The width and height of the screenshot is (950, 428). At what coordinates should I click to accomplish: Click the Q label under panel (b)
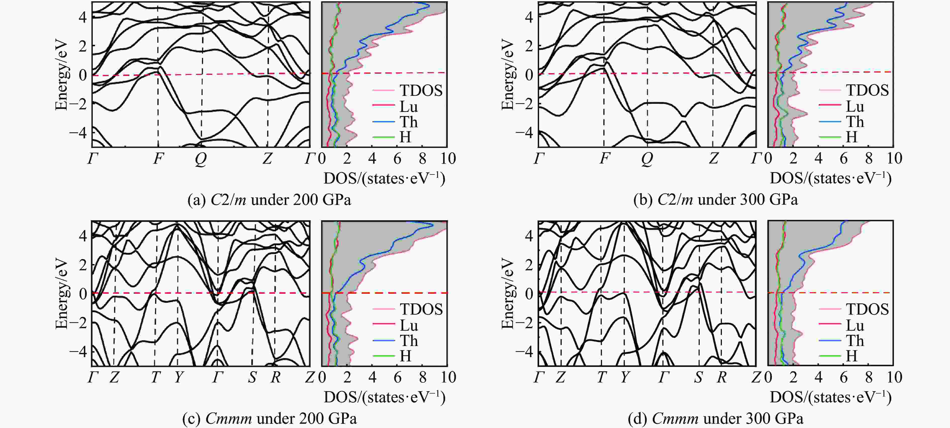[x=647, y=159]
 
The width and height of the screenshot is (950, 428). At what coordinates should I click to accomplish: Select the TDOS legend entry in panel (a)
[x=421, y=90]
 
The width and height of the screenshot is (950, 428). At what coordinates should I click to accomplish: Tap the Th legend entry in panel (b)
[x=854, y=122]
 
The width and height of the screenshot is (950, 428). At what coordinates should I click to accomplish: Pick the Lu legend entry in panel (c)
[x=409, y=325]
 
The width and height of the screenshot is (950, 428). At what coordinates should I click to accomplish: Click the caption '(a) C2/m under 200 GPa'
[x=269, y=200]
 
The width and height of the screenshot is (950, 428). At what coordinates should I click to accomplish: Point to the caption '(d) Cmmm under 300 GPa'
[x=716, y=418]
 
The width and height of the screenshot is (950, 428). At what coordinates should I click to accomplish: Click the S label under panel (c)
[x=252, y=377]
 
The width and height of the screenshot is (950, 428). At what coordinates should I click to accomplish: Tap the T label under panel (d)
[x=601, y=377]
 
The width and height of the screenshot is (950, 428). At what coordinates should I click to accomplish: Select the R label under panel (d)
[x=721, y=377]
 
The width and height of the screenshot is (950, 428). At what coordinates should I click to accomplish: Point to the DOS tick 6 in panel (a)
[x=397, y=159]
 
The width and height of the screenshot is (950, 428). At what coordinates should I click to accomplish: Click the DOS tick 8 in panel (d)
[x=869, y=377]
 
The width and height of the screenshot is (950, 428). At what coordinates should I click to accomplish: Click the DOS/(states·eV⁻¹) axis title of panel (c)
[x=385, y=397]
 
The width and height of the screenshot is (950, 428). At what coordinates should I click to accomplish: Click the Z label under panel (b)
[x=714, y=159]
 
